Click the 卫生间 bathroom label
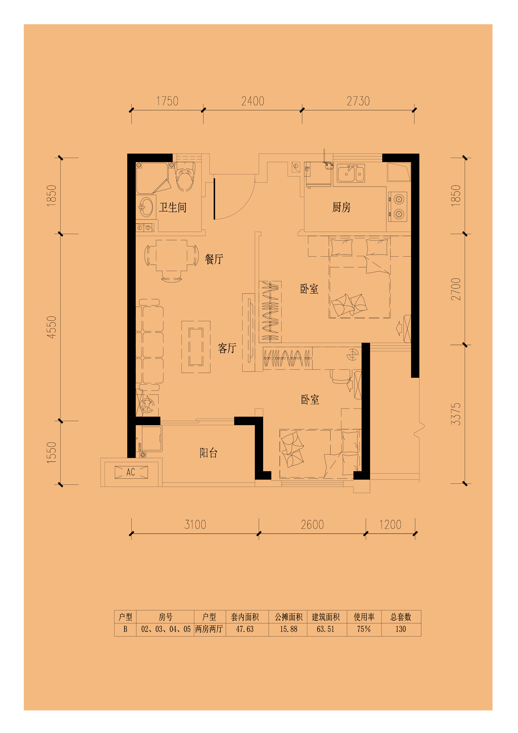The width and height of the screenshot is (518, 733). click(x=173, y=207)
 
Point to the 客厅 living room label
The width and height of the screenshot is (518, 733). click(x=227, y=348)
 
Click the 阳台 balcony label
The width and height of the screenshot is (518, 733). click(x=208, y=453)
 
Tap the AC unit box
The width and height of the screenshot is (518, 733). click(x=131, y=472)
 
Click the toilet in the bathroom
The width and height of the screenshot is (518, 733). click(x=185, y=177)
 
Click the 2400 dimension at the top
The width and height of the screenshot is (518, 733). click(x=253, y=101)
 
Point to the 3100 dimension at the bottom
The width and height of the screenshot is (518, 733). click(x=195, y=524)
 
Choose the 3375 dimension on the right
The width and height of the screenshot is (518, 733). click(x=456, y=414)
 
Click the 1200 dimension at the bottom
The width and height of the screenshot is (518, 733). click(x=390, y=524)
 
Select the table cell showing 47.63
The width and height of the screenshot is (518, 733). click(x=245, y=629)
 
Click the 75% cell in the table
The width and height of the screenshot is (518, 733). click(x=364, y=629)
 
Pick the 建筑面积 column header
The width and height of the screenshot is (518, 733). click(x=326, y=617)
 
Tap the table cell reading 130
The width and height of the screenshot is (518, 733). click(x=401, y=629)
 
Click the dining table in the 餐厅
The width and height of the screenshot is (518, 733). click(x=172, y=255)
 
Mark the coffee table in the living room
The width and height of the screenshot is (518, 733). click(x=196, y=347)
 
